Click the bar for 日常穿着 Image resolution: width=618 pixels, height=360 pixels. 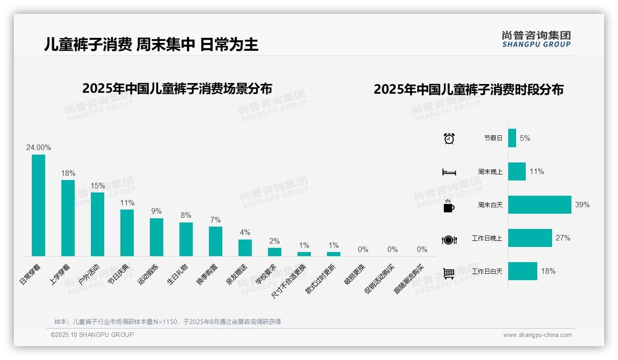38,205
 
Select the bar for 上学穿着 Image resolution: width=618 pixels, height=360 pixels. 68,218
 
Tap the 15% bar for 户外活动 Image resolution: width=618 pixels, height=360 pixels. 97,224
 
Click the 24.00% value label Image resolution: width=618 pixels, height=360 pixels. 38,148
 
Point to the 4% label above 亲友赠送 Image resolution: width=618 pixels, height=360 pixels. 245,232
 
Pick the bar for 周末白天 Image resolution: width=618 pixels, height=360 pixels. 540,204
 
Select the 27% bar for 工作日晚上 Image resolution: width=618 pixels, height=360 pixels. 530,238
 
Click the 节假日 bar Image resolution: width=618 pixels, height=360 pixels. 512,138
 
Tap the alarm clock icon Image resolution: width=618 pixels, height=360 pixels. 449,138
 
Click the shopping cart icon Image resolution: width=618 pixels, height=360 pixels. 449,273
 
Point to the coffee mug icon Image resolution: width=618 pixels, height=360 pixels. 449,206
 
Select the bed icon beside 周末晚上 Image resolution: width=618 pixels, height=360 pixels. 449,172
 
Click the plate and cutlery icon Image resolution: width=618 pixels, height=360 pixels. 449,240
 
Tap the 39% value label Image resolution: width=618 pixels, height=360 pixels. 582,204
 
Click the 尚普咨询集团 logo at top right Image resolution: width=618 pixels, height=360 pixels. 536,39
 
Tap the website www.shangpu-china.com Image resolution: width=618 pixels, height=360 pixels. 537,335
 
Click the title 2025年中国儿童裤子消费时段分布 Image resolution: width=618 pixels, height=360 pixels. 469,90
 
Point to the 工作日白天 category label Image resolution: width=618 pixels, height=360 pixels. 487,271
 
